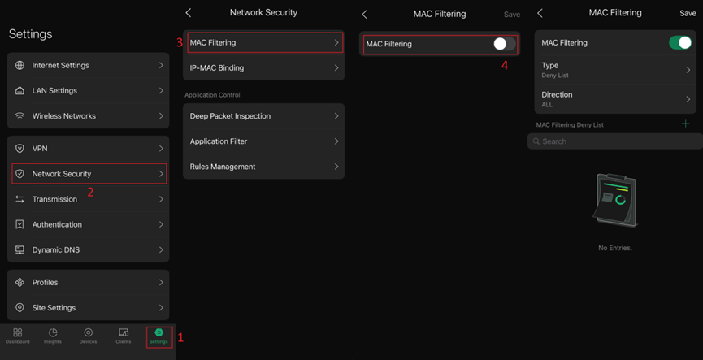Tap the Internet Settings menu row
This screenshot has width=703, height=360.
tap(88, 65)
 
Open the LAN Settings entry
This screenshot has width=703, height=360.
tap(88, 90)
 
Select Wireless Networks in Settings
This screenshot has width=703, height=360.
tap(88, 116)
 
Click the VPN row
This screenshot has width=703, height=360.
tap(88, 149)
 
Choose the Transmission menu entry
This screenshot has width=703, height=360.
tap(88, 199)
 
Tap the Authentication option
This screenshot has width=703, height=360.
tap(88, 224)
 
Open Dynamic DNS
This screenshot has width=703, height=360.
tap(88, 249)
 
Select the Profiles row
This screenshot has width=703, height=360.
tap(88, 282)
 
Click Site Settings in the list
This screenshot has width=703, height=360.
tap(88, 308)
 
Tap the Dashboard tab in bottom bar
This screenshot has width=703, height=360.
tap(17, 336)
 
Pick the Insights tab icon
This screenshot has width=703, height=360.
tap(53, 336)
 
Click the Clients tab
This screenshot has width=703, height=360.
tap(124, 336)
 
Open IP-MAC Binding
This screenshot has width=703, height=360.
tap(263, 68)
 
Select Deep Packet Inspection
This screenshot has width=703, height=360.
tap(263, 116)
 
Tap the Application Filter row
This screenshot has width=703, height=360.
tap(263, 141)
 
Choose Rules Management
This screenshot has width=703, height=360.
tap(263, 167)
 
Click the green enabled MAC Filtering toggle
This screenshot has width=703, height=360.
tap(679, 43)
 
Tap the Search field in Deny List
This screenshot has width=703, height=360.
tap(614, 141)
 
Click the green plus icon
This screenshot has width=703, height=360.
tap(685, 124)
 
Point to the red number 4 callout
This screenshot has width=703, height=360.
tap(505, 66)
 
